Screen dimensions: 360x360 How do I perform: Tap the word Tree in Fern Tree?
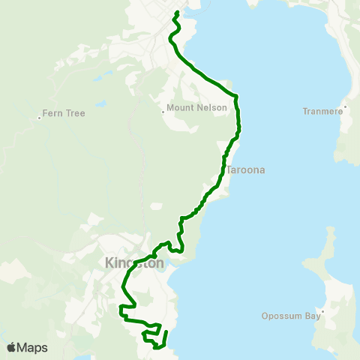[74, 113]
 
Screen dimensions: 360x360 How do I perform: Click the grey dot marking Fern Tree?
[39, 116]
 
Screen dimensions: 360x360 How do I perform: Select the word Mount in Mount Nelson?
[182, 108]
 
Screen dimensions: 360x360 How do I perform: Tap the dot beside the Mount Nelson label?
[163, 112]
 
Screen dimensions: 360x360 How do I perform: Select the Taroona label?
[246, 170]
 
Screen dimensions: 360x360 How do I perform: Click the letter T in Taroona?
[229, 170]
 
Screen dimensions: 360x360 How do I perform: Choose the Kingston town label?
[135, 263]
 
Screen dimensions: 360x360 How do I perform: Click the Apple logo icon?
[11, 347]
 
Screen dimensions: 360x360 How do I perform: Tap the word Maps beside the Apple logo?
[32, 347]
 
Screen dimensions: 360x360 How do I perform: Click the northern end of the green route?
[177, 13]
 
